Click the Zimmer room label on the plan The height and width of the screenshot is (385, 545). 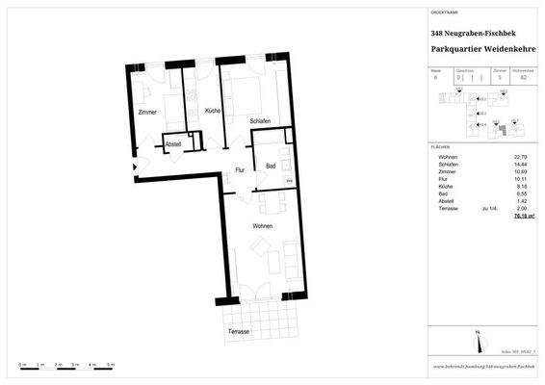146,114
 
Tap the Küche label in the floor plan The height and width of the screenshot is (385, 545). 213,112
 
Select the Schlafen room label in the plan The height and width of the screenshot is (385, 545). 260,120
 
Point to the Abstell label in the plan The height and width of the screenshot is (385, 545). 173,144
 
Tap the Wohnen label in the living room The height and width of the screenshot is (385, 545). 262,226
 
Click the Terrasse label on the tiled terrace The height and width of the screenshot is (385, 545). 239,331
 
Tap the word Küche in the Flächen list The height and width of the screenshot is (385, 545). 446,187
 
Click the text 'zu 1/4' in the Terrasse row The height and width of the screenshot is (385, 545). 488,209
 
